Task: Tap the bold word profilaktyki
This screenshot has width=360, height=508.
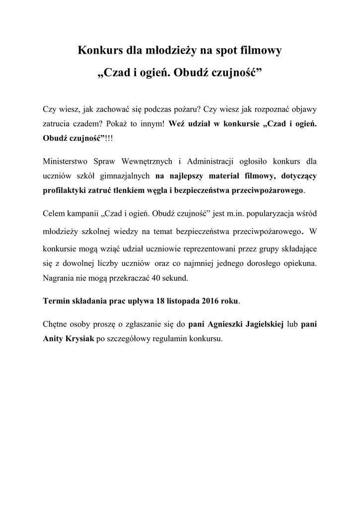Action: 66,190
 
